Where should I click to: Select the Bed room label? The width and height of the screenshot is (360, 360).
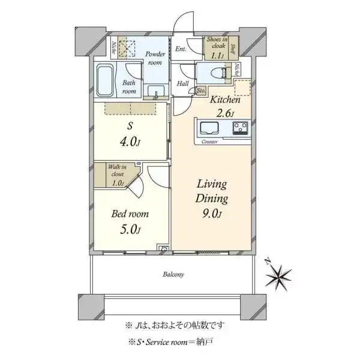click(130, 214)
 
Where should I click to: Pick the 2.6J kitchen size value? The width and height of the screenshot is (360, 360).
click(226, 113)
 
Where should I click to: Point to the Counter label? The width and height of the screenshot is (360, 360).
click(209, 142)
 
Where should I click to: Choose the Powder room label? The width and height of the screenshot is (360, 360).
click(155, 58)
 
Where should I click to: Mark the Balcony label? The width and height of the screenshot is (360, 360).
click(173, 274)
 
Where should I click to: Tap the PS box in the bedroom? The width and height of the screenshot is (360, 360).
click(162, 247)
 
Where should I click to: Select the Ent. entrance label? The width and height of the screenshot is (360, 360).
click(181, 49)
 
